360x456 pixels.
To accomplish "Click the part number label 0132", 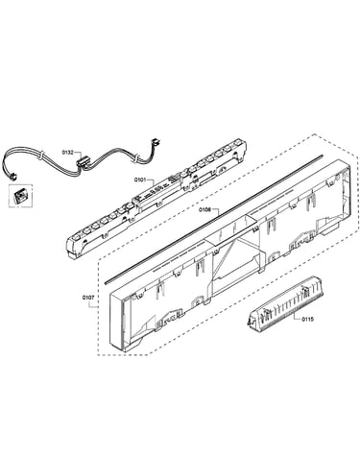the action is (x=67, y=153).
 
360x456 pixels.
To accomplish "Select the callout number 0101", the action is (x=140, y=180).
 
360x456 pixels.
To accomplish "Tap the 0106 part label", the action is (x=204, y=210).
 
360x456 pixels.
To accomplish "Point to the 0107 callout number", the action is (x=88, y=298).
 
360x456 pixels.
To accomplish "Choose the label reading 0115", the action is (x=308, y=319).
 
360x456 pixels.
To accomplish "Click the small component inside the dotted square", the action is (x=21, y=195).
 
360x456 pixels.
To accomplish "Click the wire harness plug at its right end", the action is (x=156, y=141).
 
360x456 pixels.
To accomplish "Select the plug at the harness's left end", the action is (x=13, y=176).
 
